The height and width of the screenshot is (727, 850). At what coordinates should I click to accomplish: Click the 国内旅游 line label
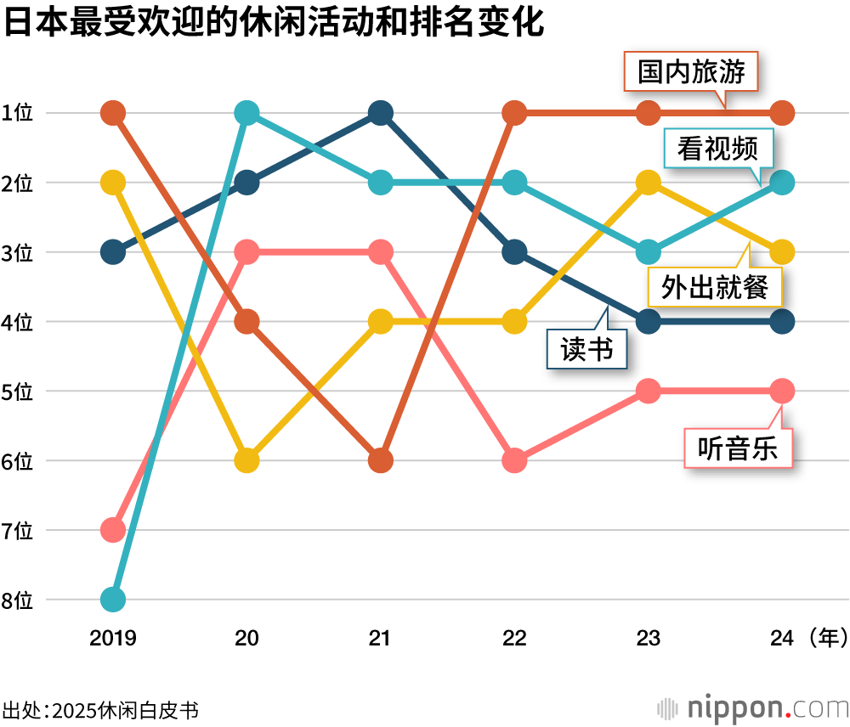(x=691, y=72)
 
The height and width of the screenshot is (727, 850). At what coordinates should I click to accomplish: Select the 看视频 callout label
(x=717, y=149)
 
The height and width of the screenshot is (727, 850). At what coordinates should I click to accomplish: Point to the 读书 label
(x=586, y=348)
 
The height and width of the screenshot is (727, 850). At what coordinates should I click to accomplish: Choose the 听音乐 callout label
(x=738, y=448)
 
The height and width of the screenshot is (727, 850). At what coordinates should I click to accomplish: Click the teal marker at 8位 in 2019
(x=113, y=600)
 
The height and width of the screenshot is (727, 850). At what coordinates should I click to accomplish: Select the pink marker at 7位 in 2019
(x=113, y=530)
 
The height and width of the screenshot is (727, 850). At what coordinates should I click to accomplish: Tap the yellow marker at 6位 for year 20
(x=246, y=460)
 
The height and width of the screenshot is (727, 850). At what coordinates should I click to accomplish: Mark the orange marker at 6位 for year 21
(x=380, y=460)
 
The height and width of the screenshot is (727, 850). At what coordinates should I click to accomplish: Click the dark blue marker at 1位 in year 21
(x=380, y=112)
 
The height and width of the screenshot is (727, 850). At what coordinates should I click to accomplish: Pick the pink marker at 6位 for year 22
(x=514, y=460)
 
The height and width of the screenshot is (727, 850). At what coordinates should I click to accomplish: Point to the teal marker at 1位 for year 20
(x=246, y=112)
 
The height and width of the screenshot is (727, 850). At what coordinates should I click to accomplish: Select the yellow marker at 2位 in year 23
(x=649, y=182)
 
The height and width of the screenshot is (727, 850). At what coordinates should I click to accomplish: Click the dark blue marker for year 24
(x=782, y=321)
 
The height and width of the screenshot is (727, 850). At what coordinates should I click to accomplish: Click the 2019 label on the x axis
(x=113, y=638)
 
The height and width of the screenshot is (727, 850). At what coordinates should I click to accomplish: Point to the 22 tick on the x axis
(x=514, y=638)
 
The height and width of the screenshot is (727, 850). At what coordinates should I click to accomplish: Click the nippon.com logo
(x=751, y=707)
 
